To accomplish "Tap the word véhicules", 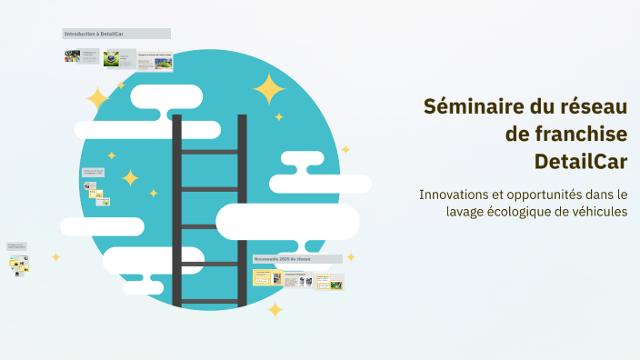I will coord(595,212).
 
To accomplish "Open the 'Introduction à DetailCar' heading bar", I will coord(115,34).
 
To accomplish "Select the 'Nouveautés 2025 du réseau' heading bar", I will coord(297,259).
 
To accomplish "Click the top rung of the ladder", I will coord(210,152).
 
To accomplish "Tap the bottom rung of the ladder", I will coord(210,301).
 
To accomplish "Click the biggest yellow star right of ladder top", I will coord(269,89).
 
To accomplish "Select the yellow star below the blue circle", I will coord(275,310).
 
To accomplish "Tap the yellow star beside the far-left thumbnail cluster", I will coord(55,257).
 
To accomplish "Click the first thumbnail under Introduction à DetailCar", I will coord(72,56).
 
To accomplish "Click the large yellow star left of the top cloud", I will coord(97,98).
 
